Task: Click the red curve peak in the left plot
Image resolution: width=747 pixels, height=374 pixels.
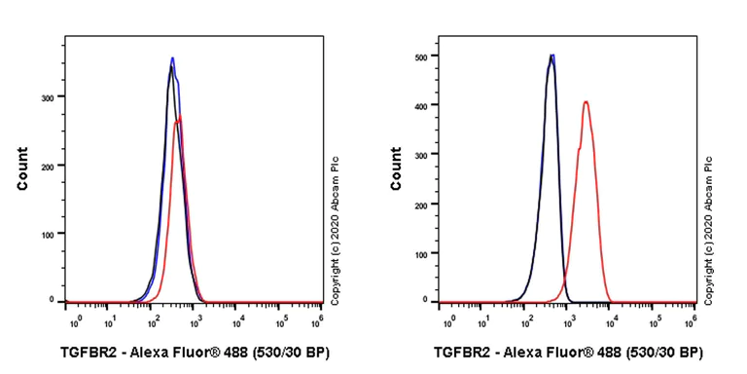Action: (x=180, y=118)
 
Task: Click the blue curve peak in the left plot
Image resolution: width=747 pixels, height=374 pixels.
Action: (x=172, y=58)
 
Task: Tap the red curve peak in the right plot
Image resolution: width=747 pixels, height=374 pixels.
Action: (x=586, y=102)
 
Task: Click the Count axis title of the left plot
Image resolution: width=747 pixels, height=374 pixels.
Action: (x=21, y=168)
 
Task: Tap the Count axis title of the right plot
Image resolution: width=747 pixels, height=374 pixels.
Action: (x=396, y=168)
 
